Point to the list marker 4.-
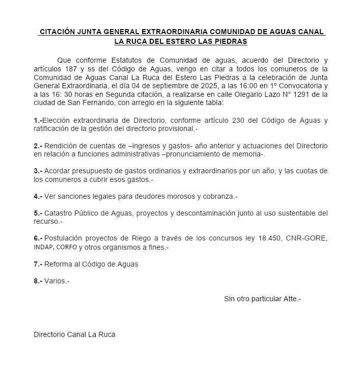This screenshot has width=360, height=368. pos(38,196)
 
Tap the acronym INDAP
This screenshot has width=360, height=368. pos(44,248)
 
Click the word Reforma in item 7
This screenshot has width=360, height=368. pos(59,264)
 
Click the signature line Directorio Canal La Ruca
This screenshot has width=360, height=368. pos(74,334)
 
